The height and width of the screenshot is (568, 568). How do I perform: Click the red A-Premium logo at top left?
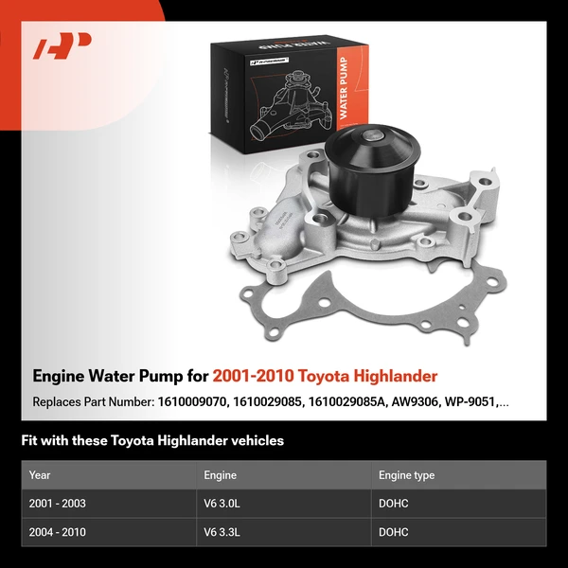point(62,45)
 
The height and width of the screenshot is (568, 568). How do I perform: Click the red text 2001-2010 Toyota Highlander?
point(325,376)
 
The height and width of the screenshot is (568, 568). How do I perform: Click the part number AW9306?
point(421,401)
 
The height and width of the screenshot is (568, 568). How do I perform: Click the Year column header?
point(40,475)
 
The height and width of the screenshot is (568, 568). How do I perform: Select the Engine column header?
point(220,475)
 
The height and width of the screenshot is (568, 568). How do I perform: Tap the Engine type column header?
point(406,475)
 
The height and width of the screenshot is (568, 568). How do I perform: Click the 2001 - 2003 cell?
point(57,504)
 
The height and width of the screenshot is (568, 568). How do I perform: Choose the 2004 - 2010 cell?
point(57,532)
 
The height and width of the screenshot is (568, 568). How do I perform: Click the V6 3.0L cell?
point(222,504)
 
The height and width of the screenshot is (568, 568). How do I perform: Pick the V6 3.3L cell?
point(222,532)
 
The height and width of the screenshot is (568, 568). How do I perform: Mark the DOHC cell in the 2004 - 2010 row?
point(393,532)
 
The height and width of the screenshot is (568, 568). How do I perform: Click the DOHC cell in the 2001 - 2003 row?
point(393,504)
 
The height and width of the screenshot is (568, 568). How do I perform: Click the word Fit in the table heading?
point(30,440)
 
